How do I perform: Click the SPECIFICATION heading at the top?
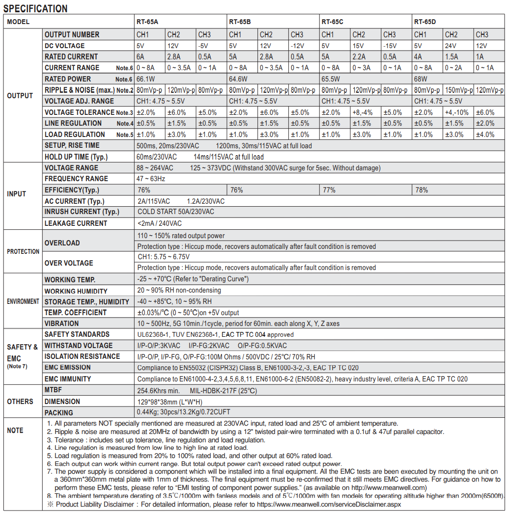(35, 8)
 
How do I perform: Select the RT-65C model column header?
(333, 22)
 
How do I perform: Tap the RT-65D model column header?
(425, 22)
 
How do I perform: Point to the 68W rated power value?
(421, 79)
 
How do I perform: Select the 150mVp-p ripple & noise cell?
(459, 90)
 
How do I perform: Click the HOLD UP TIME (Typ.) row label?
(76, 157)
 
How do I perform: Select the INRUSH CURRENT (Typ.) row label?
(82, 212)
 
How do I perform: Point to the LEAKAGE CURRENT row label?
(76, 223)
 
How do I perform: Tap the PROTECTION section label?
(23, 251)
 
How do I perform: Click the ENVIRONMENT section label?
(23, 301)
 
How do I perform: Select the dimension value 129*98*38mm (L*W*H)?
(170, 402)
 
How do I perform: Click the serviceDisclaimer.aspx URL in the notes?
(324, 505)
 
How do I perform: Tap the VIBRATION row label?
(61, 324)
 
